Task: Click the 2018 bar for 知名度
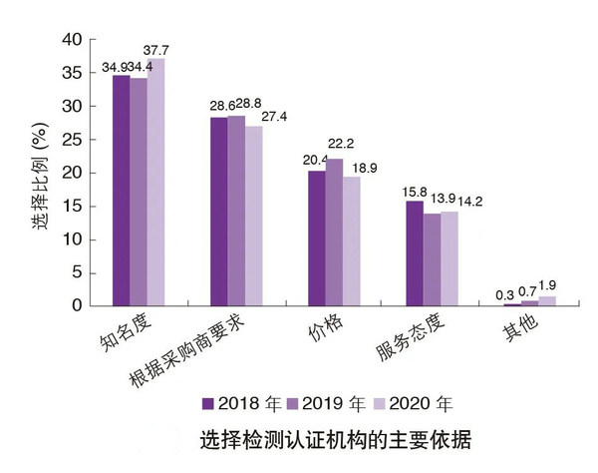pyautogui.click(x=121, y=190)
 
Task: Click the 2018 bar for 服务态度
pyautogui.click(x=415, y=253)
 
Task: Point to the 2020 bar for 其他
pyautogui.click(x=547, y=300)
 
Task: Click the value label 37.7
pyautogui.click(x=156, y=50)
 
